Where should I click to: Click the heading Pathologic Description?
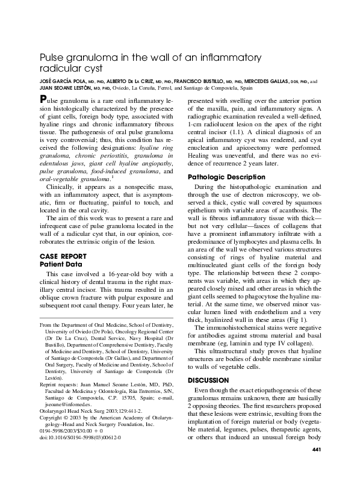[226, 178]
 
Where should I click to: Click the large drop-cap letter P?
[43, 99]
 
